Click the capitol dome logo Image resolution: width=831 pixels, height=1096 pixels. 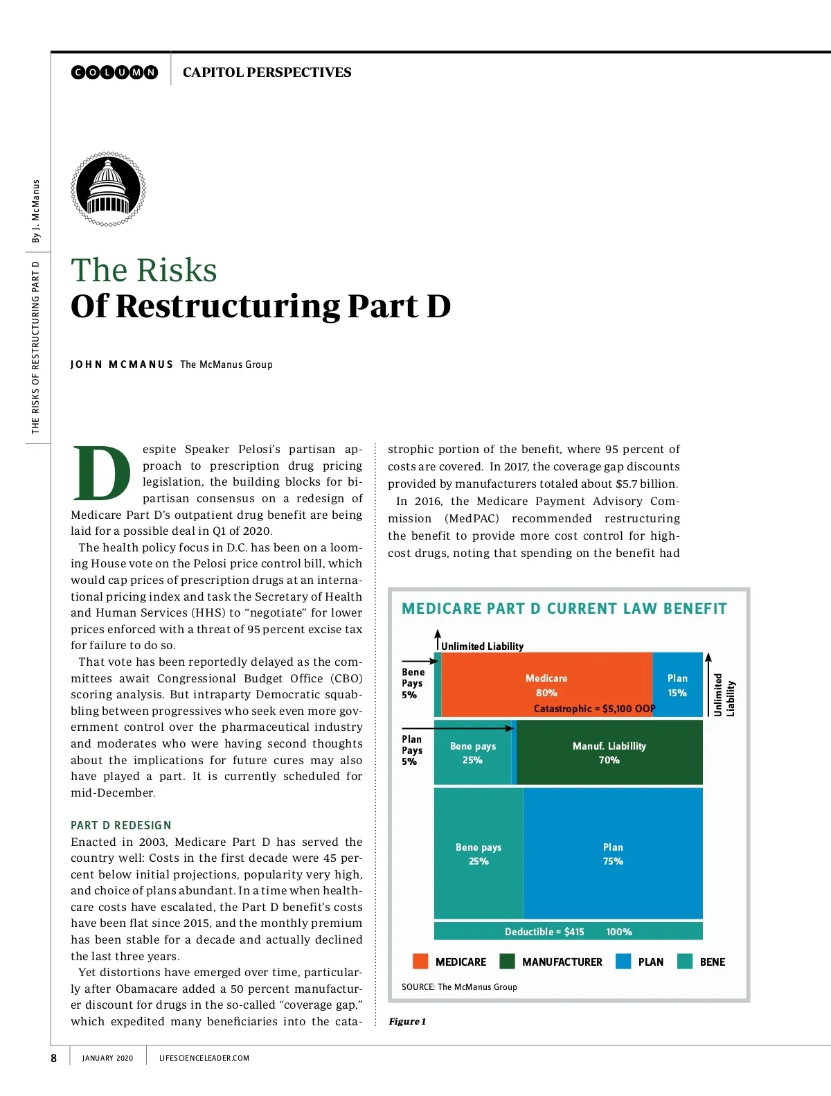[x=108, y=189]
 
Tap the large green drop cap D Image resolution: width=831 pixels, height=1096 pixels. [x=102, y=474]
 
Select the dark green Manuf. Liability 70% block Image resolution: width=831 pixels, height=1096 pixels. [x=609, y=752]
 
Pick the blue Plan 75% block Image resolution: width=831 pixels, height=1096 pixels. [x=613, y=854]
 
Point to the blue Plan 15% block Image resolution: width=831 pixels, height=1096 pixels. [x=677, y=684]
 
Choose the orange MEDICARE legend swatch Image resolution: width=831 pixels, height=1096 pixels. [x=420, y=961]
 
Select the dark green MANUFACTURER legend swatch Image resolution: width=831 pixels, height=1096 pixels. [x=507, y=961]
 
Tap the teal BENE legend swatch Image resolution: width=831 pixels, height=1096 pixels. [x=685, y=961]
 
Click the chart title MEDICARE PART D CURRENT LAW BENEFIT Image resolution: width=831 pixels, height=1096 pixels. [x=564, y=608]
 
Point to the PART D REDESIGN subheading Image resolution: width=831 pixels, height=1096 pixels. [x=121, y=825]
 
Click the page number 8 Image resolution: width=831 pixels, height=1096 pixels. [x=54, y=1058]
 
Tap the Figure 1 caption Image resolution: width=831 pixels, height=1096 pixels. [x=407, y=1021]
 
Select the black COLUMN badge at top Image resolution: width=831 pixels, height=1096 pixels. [x=115, y=72]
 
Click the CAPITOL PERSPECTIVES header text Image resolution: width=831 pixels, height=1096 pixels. [x=267, y=72]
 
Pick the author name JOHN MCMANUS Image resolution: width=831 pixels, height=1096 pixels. [x=121, y=364]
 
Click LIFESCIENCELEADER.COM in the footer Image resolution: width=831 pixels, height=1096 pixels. [x=204, y=1058]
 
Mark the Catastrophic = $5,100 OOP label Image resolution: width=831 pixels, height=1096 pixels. [x=594, y=708]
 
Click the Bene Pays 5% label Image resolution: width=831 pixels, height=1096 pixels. [x=413, y=683]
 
